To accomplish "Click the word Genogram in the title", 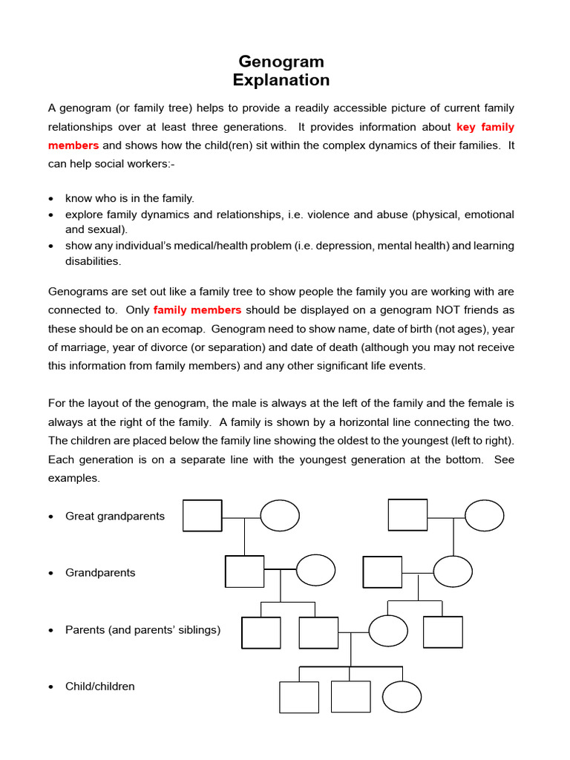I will [x=281, y=61].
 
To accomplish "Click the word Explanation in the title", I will [x=281, y=79].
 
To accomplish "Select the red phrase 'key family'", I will [x=485, y=127].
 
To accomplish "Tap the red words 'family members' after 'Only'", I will [x=197, y=309].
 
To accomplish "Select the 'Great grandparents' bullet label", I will [x=115, y=516].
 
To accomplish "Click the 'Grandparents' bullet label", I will [x=100, y=573].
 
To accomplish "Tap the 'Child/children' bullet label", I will [x=100, y=687].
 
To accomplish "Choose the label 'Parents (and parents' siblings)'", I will [x=142, y=630].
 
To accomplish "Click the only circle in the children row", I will [x=402, y=697].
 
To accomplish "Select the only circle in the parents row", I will [x=388, y=631].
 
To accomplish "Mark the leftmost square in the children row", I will [x=298, y=697].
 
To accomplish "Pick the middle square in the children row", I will [x=350, y=697].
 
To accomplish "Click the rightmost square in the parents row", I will [x=442, y=632].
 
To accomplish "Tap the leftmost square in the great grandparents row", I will [x=203, y=516].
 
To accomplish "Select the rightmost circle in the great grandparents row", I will [x=485, y=515].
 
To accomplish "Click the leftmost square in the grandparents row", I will [x=244, y=571].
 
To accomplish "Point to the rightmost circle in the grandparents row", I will [x=453, y=571].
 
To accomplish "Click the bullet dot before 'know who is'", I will [x=50, y=199].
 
